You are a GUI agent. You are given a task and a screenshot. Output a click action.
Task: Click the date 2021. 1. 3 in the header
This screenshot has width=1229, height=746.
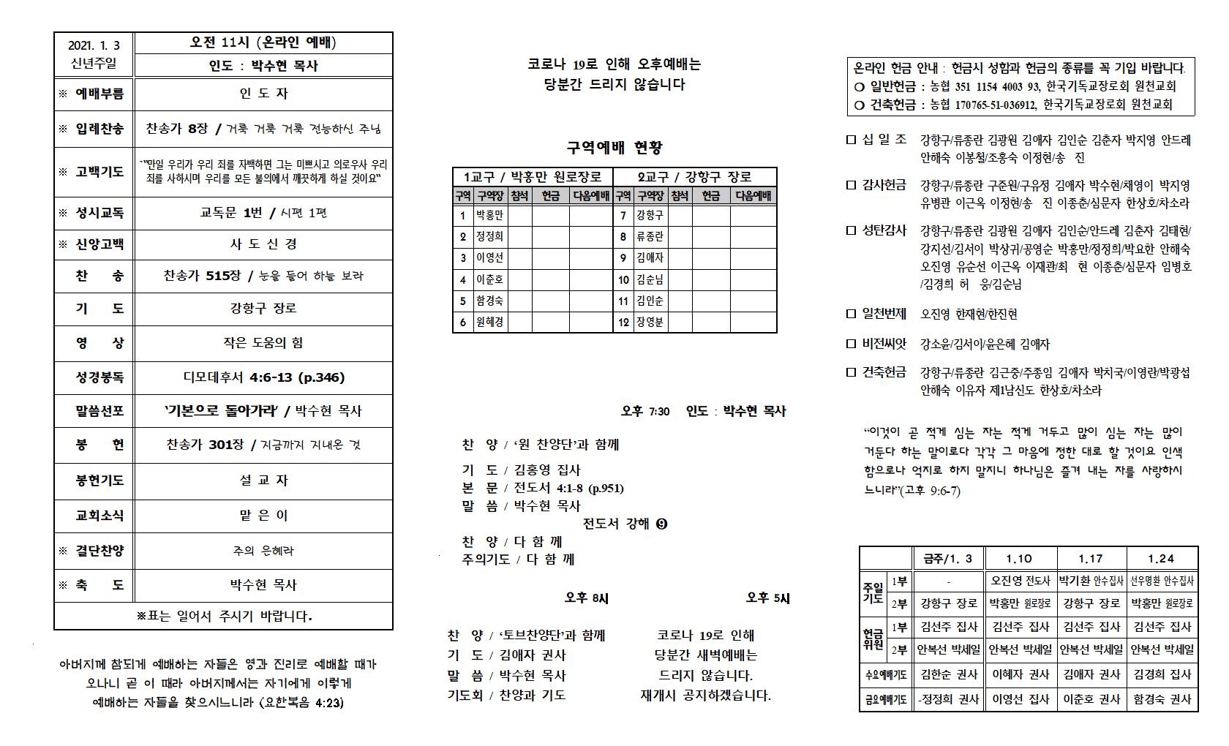tap(94, 44)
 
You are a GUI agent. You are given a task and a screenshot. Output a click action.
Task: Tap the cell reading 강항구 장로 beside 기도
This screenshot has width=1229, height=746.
tap(263, 309)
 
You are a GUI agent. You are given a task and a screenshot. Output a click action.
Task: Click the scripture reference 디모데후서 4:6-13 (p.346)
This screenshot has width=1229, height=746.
tap(263, 377)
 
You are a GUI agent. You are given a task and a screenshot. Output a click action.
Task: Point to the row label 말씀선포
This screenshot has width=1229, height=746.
tap(99, 411)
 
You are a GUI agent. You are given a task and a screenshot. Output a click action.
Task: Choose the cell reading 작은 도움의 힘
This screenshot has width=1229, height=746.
tap(263, 343)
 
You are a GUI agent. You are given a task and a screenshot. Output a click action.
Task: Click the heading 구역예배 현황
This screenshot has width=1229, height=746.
tap(614, 147)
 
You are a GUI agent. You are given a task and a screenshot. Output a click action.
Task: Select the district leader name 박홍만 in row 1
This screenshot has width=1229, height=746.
tap(489, 215)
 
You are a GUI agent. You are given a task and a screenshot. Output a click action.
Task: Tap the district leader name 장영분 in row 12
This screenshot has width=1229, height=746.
tap(650, 322)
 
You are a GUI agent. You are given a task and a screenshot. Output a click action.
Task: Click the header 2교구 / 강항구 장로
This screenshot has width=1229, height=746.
tap(695, 177)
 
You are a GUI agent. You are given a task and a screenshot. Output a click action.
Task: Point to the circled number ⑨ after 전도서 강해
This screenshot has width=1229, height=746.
tap(662, 524)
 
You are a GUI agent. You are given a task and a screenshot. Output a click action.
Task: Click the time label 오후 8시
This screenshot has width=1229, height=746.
tap(586, 598)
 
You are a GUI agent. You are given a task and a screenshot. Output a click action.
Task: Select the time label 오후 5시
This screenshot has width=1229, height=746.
tap(768, 598)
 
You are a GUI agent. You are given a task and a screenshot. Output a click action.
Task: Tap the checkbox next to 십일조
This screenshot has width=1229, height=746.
tap(850, 139)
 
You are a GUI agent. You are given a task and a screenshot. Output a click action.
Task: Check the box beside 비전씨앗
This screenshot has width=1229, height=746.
tap(850, 344)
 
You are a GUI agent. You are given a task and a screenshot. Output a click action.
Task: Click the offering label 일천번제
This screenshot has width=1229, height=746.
tap(884, 314)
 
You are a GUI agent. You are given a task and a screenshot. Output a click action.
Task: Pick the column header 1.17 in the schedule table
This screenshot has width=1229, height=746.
tap(1091, 559)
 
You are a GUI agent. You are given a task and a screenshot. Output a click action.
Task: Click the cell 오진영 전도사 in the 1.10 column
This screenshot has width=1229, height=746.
tap(1019, 581)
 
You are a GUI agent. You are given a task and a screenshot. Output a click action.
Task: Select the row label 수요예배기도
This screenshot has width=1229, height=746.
tap(885, 674)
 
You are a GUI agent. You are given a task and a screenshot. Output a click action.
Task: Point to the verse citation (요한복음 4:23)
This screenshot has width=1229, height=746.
tap(301, 704)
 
